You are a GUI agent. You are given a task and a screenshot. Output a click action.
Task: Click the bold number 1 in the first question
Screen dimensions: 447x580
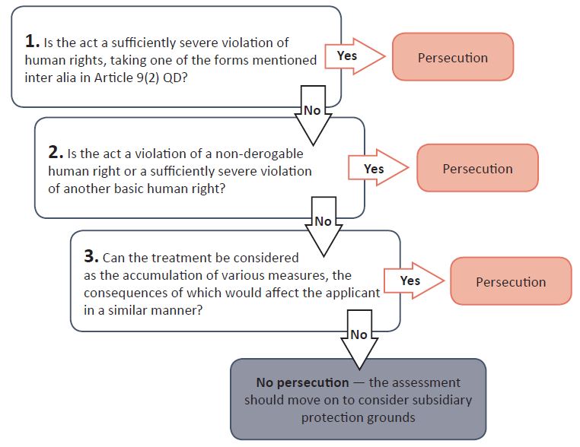[30, 43]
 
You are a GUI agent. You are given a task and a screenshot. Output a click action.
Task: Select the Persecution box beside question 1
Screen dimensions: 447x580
[453, 57]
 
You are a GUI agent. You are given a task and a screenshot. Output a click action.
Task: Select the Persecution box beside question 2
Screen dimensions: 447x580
[477, 169]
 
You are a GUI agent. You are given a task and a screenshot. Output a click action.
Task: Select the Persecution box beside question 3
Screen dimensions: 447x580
[511, 282]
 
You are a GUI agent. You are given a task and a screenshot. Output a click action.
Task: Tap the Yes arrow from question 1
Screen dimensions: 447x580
[352, 55]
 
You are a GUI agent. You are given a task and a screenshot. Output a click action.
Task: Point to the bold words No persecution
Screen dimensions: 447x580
[301, 382]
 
